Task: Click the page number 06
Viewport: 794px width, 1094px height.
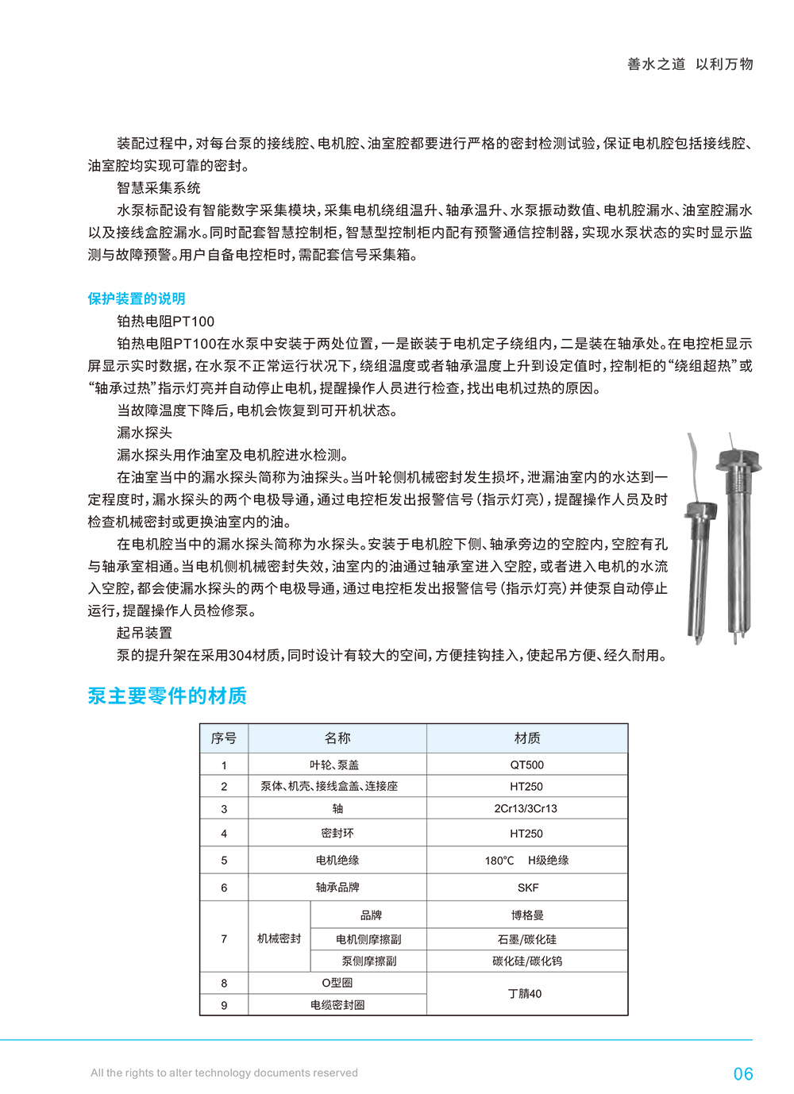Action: pyautogui.click(x=742, y=1074)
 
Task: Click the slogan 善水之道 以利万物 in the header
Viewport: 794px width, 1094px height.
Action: pyautogui.click(x=690, y=64)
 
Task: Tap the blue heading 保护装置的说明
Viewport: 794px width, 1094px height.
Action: pyautogui.click(x=137, y=299)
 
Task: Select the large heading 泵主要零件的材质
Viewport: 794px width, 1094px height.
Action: pyautogui.click(x=167, y=696)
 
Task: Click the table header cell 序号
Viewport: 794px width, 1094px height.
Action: pyautogui.click(x=224, y=738)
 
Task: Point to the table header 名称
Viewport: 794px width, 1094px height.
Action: pyautogui.click(x=337, y=738)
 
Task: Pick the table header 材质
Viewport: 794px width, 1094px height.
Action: pyautogui.click(x=527, y=738)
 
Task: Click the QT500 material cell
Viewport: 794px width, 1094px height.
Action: pyautogui.click(x=527, y=765)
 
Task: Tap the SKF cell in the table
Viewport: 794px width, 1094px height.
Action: pyautogui.click(x=527, y=888)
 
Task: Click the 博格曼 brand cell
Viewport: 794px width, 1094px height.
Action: pyautogui.click(x=527, y=915)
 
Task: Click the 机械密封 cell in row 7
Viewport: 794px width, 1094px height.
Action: pyautogui.click(x=279, y=938)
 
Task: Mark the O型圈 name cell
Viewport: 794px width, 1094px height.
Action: pyautogui.click(x=337, y=983)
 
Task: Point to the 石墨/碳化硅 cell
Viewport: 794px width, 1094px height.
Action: pyautogui.click(x=527, y=939)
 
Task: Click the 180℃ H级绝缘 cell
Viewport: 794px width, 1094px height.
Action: pyautogui.click(x=526, y=861)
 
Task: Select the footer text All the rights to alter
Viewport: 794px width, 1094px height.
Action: pyautogui.click(x=224, y=1073)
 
